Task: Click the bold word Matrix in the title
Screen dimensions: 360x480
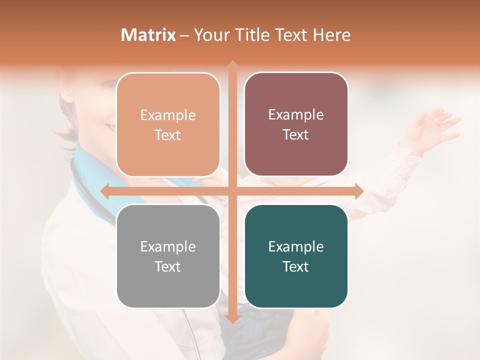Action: click(148, 35)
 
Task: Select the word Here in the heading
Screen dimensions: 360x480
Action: click(331, 35)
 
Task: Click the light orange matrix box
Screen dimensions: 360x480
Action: click(168, 124)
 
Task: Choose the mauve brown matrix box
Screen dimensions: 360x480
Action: click(296, 124)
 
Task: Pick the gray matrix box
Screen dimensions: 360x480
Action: click(168, 256)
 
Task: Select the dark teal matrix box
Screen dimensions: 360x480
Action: click(296, 256)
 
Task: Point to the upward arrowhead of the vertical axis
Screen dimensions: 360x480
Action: click(232, 64)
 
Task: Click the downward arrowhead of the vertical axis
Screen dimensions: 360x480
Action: click(232, 320)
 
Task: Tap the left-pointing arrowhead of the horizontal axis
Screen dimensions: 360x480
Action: click(104, 191)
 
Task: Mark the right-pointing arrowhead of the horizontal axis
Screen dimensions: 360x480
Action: click(359, 191)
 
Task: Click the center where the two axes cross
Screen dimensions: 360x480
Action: click(232, 191)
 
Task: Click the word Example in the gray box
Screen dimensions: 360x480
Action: click(168, 246)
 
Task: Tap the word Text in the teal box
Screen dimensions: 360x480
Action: click(296, 266)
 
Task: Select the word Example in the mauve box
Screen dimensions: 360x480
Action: click(296, 114)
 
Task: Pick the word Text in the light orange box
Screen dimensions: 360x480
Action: click(168, 135)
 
